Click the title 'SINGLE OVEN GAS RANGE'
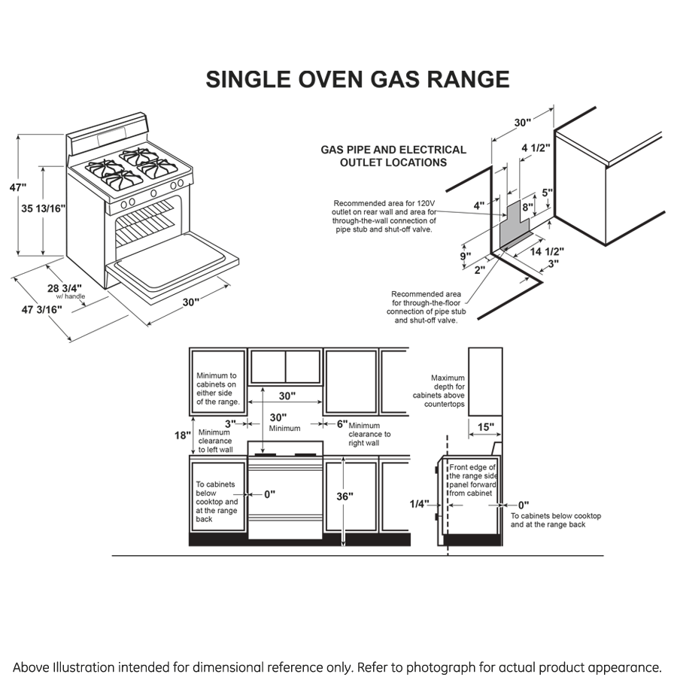357,80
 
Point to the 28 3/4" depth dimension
67,287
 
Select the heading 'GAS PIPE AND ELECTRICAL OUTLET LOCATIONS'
393,156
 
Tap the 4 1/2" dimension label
536,147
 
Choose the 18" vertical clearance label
181,436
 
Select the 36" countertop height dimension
345,496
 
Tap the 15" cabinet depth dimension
486,427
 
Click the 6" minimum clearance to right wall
342,424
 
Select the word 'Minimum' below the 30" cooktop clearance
285,428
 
